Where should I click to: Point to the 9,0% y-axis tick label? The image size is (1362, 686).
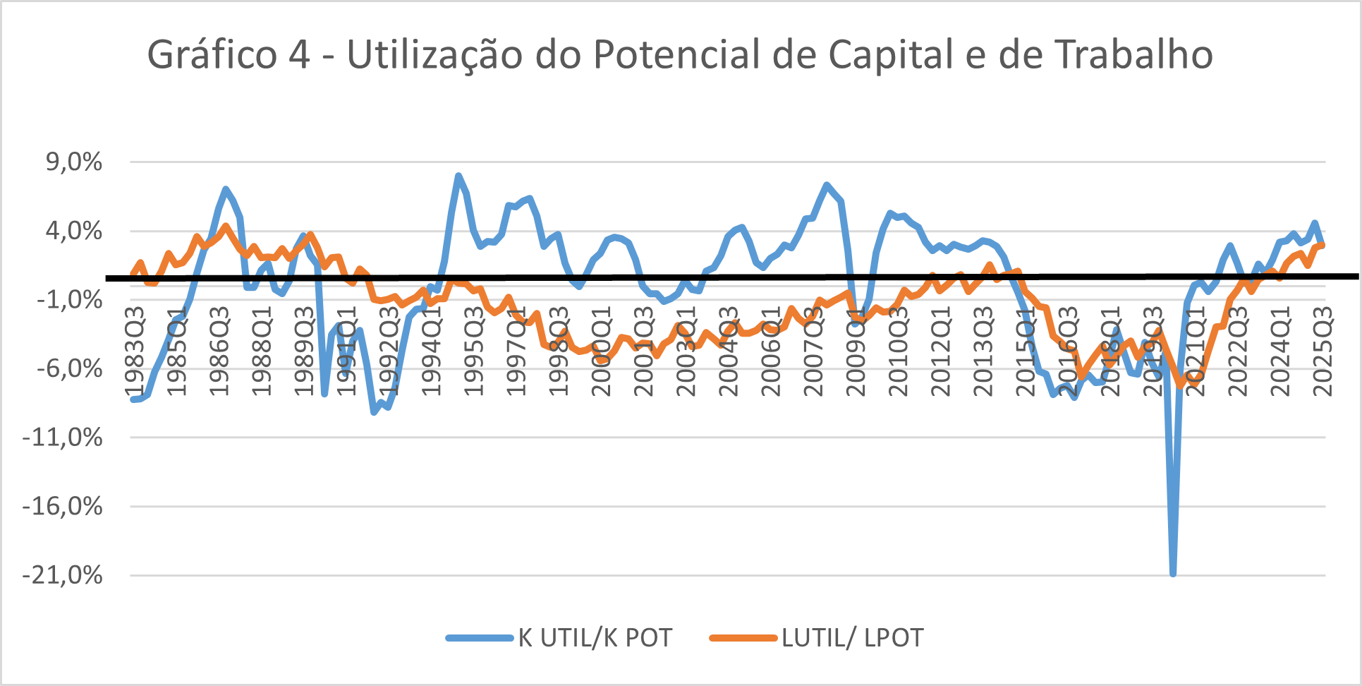click(74, 162)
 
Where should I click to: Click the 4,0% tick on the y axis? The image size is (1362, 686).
click(74, 231)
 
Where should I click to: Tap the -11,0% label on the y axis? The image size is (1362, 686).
click(63, 438)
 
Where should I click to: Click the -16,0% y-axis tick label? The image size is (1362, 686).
click(63, 506)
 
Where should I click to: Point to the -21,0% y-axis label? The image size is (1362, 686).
click(63, 575)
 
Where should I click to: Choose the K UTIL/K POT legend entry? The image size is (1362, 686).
click(595, 638)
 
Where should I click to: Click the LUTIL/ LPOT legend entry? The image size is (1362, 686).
click(852, 638)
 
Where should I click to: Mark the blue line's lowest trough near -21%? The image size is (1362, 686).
click(1173, 573)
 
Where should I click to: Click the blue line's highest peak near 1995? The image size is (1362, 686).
click(458, 176)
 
